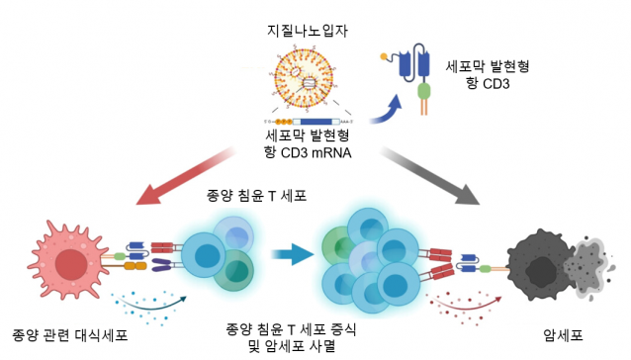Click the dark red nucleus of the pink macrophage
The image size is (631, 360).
(x=71, y=264)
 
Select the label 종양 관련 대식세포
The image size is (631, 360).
(x=69, y=335)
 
